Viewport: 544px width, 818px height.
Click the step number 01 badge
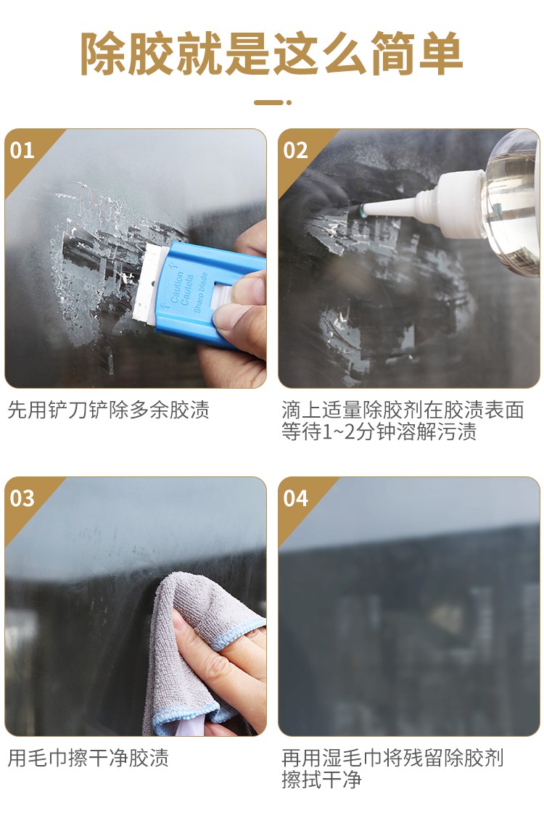[x=22, y=151]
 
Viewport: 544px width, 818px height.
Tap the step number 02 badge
[x=295, y=151]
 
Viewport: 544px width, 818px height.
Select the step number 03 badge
[x=22, y=499]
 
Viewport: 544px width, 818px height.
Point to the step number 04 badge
[x=295, y=499]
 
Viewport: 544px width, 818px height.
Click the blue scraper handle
[x=203, y=292]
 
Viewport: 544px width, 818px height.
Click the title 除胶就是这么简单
[x=271, y=53]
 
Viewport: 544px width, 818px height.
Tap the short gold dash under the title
[x=272, y=102]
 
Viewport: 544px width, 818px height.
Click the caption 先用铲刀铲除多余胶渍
[x=109, y=410]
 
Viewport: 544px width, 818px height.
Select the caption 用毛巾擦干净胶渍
[x=88, y=758]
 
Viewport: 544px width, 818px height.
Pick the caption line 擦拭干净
[x=321, y=780]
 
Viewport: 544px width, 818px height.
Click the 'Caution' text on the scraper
[x=177, y=287]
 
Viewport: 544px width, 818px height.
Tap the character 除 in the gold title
[x=102, y=53]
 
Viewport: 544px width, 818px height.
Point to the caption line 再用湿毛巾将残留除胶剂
[x=392, y=758]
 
